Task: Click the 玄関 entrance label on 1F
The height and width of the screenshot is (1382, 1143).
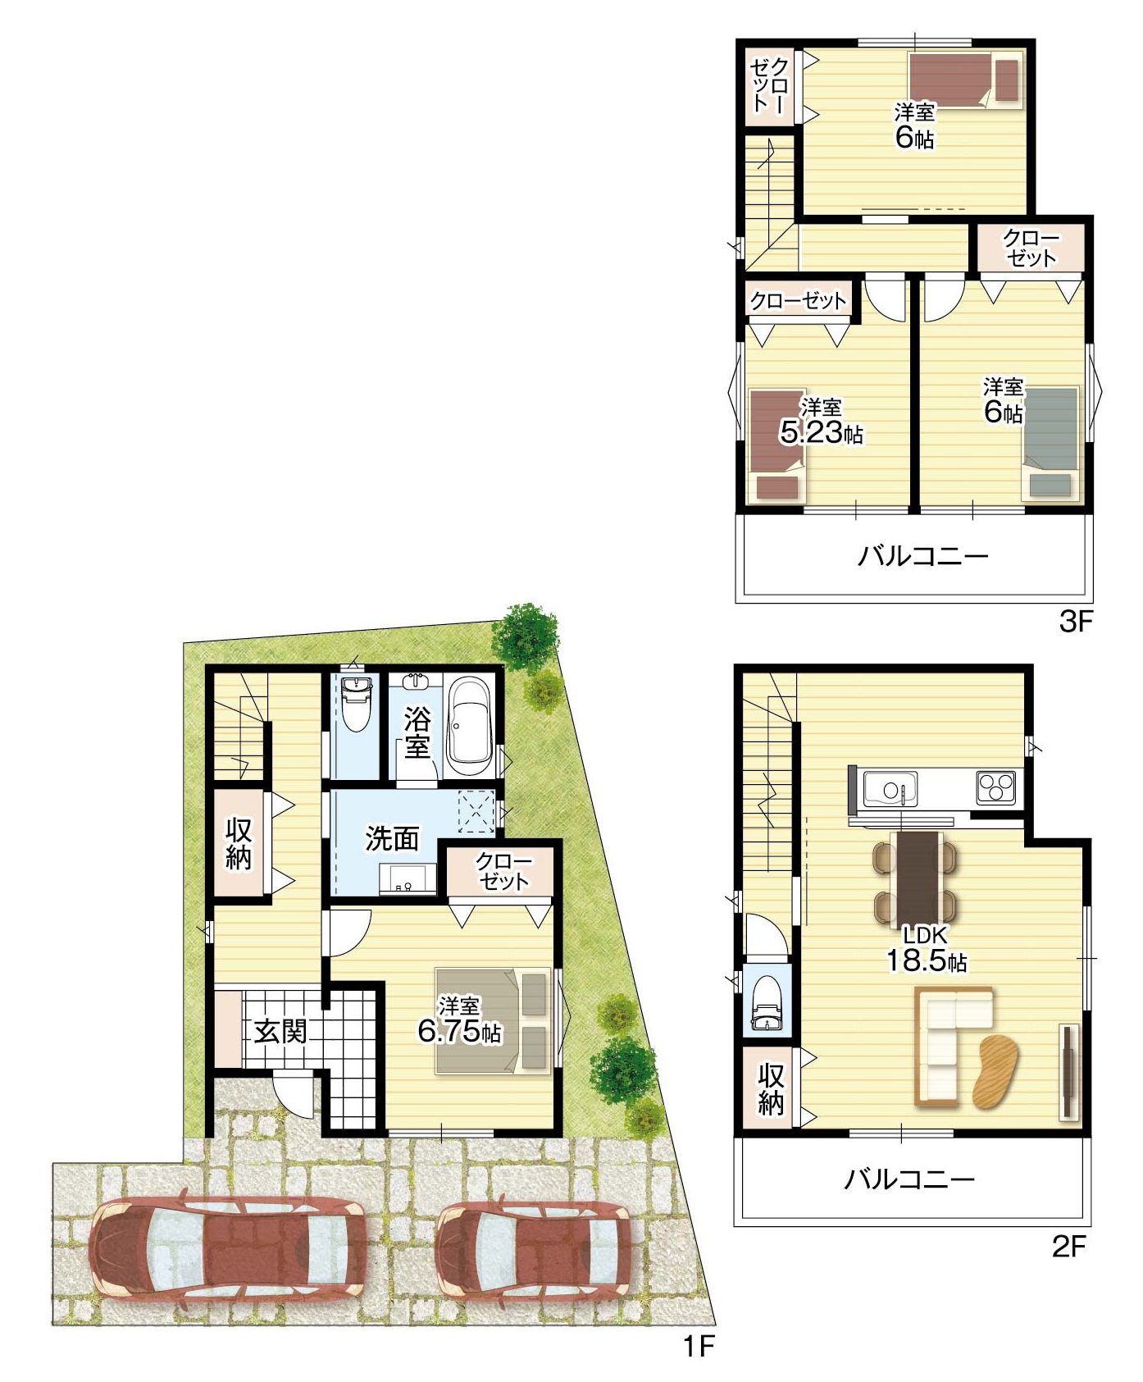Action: [x=280, y=1031]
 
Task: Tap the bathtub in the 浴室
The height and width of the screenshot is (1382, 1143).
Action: [x=469, y=727]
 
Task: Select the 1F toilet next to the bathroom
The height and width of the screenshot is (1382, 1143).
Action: [x=355, y=703]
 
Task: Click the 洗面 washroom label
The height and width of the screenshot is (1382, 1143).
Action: [x=392, y=838]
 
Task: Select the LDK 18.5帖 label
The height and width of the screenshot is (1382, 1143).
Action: [x=926, y=949]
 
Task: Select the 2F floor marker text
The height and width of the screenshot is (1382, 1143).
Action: [x=1068, y=1247]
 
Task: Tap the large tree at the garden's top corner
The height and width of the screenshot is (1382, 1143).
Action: [x=525, y=637]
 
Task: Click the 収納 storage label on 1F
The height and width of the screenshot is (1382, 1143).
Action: [x=239, y=843]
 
